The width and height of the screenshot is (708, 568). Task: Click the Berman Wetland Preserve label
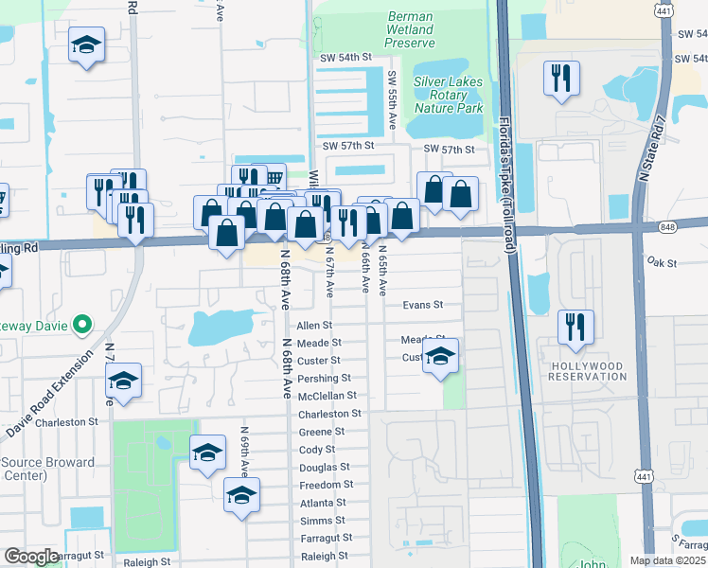410,30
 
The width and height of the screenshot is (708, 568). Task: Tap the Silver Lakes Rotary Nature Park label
448,95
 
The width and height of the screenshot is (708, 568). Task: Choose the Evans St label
422,305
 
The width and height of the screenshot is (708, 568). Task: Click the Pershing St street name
324,378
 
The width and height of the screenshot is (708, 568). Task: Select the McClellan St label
327,396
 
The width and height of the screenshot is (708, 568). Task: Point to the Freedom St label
327,485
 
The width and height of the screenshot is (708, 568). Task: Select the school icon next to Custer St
440,356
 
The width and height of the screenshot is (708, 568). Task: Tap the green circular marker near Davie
81,326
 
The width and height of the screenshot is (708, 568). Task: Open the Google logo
31,557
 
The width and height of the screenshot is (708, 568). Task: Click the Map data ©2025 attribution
667,560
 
